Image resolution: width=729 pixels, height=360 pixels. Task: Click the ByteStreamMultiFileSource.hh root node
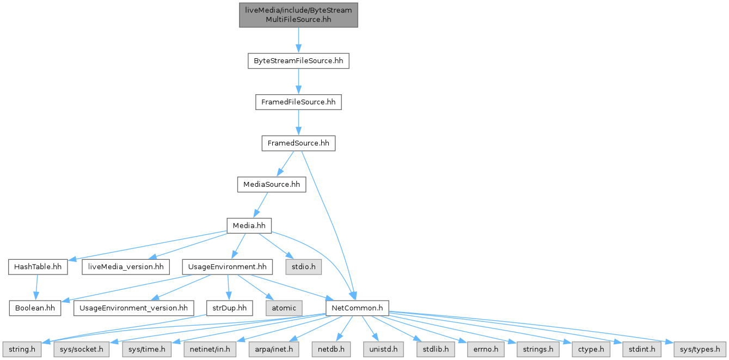(298, 15)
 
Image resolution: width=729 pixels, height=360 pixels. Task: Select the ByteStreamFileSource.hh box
(298, 60)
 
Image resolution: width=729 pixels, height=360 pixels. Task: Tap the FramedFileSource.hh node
(298, 102)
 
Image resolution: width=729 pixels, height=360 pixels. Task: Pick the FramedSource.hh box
(298, 143)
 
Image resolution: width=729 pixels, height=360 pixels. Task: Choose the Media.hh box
(249, 225)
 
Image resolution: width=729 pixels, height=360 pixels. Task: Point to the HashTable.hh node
(38, 267)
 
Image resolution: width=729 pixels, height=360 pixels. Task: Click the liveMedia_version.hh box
(125, 267)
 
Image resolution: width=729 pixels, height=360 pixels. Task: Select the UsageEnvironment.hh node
(227, 267)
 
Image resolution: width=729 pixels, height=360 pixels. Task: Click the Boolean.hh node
(35, 308)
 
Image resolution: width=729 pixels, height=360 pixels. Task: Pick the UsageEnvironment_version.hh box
(133, 308)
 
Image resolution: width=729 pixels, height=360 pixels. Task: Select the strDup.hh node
(229, 308)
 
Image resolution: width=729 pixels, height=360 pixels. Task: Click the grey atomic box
(283, 308)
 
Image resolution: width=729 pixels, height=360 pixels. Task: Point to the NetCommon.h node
(357, 308)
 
